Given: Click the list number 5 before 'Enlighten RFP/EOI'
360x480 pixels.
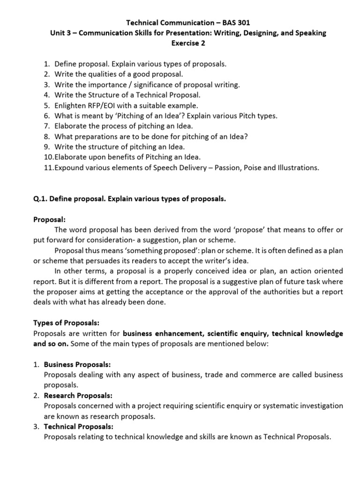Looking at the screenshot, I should tap(46, 106).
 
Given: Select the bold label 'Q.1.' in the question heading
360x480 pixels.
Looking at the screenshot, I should tap(42, 199).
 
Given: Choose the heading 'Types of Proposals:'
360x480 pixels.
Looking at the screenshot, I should tap(66, 323).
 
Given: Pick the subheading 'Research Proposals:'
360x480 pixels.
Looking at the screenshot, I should tap(78, 395).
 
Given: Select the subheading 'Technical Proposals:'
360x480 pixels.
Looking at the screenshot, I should tap(78, 427).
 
